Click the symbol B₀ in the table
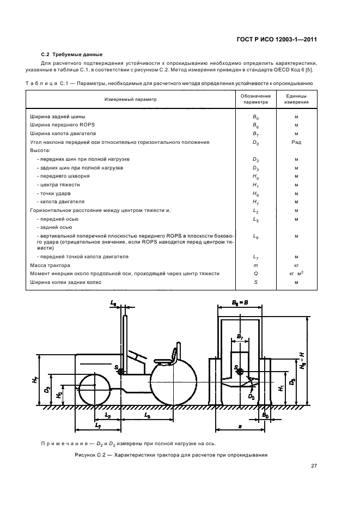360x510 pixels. pyautogui.click(x=255, y=117)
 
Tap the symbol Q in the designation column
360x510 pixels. pyautogui.click(x=255, y=274)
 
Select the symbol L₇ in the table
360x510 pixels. pyautogui.click(x=255, y=257)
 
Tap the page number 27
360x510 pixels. pyautogui.click(x=314, y=465)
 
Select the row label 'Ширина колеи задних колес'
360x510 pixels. pyautogui.click(x=64, y=282)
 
